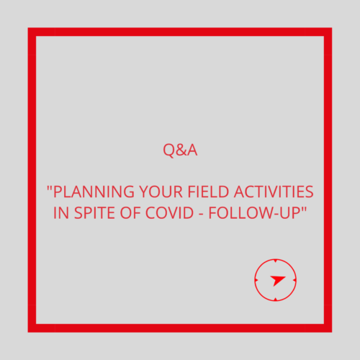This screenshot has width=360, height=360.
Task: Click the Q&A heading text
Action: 180,150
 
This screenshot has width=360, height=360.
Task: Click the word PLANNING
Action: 94,192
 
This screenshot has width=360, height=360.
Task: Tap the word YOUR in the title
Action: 161,192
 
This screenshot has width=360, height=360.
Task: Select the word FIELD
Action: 208,192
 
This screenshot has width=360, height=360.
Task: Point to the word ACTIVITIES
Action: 274,192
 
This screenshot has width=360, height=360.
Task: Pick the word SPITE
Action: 94,212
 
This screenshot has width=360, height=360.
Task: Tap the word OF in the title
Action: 130,212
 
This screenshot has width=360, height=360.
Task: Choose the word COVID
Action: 169,212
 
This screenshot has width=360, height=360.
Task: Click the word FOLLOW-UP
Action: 254,212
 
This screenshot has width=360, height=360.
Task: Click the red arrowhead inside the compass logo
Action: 277,280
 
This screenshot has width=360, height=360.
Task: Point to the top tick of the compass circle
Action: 276,261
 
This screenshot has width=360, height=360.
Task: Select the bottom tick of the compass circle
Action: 276,300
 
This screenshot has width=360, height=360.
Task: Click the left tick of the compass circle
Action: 256,280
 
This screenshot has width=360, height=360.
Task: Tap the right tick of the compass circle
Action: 294,280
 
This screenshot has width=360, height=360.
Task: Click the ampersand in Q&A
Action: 180,150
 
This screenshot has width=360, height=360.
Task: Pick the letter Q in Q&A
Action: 169,151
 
